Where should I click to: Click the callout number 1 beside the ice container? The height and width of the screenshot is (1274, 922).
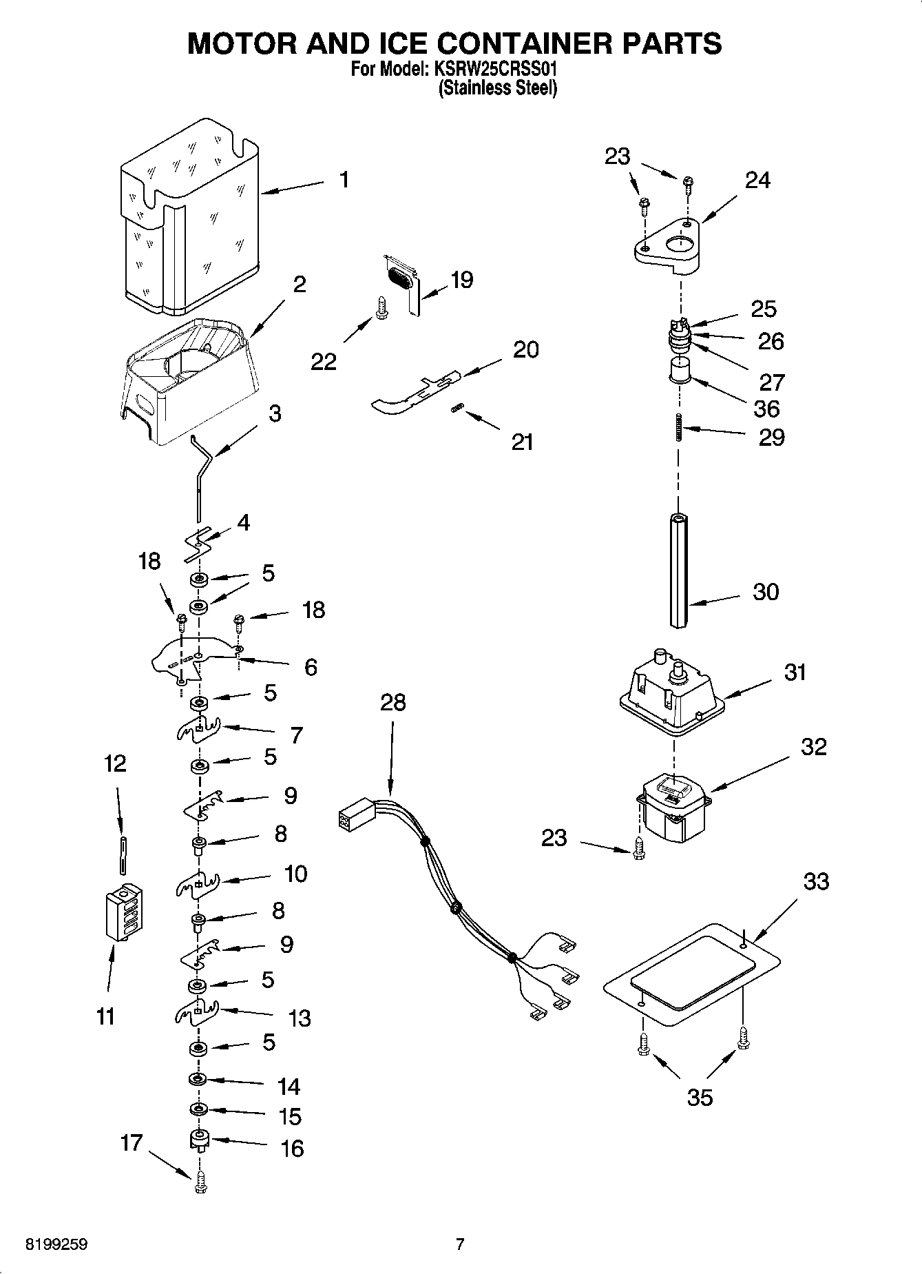pyautogui.click(x=344, y=180)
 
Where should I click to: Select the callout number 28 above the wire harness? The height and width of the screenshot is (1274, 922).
pyautogui.click(x=392, y=703)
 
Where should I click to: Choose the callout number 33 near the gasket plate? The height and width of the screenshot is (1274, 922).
pyautogui.click(x=816, y=881)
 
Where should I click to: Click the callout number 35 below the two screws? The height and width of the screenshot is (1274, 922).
pyautogui.click(x=700, y=1097)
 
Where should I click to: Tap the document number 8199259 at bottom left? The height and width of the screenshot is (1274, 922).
pyautogui.click(x=56, y=1244)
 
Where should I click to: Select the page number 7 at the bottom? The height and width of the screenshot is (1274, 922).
pyautogui.click(x=460, y=1244)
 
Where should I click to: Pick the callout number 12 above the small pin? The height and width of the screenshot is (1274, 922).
pyautogui.click(x=115, y=763)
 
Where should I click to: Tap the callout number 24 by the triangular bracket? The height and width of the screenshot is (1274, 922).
pyautogui.click(x=757, y=180)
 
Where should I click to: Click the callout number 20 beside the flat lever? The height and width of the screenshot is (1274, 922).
pyautogui.click(x=526, y=349)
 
